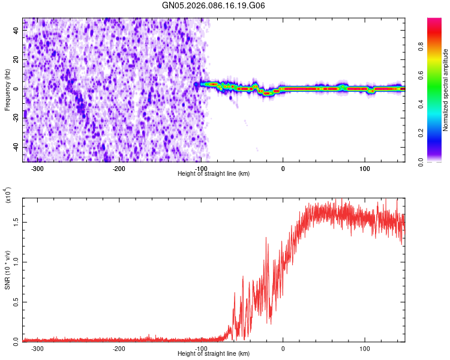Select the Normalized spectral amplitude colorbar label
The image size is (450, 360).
click(x=446, y=90)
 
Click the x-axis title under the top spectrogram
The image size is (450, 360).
click(x=214, y=173)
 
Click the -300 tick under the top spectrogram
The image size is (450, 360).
click(x=37, y=168)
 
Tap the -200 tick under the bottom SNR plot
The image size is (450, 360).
click(x=119, y=348)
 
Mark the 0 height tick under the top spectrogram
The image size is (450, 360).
click(x=283, y=168)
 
